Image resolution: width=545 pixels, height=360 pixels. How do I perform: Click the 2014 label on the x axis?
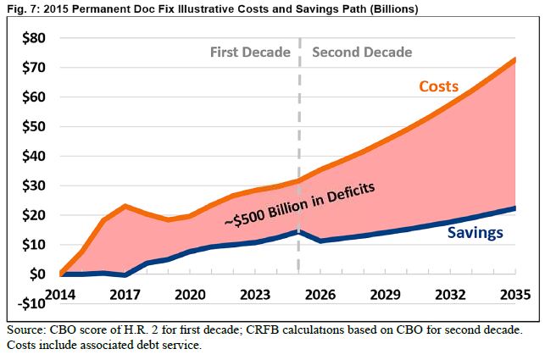pyautogui.click(x=62, y=295)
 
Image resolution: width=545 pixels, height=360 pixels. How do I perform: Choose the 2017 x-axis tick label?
pyautogui.click(x=125, y=295)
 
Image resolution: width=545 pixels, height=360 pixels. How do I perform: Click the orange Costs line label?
pyautogui.click(x=438, y=87)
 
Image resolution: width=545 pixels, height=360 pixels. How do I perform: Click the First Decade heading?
pyautogui.click(x=250, y=53)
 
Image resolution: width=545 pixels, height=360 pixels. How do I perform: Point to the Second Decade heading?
pyautogui.click(x=362, y=53)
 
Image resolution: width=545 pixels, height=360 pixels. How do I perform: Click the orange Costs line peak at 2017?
pyautogui.click(x=125, y=206)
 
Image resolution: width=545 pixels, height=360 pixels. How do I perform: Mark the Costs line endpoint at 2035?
pyautogui.click(x=514, y=59)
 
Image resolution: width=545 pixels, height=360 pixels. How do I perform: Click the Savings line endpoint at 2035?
pyautogui.click(x=514, y=208)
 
